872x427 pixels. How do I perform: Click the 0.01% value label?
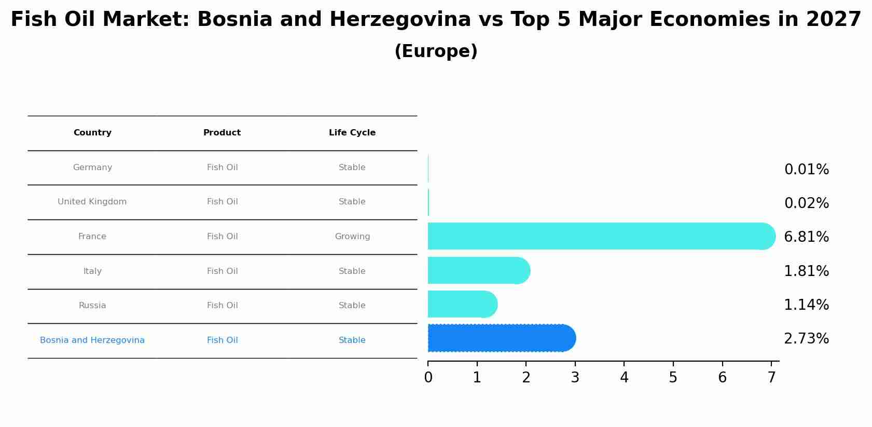(x=806, y=170)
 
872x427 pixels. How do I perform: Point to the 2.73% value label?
(x=806, y=339)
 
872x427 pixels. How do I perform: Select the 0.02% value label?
(x=806, y=203)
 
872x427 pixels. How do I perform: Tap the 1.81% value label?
(x=806, y=271)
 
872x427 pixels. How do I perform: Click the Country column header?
(x=92, y=133)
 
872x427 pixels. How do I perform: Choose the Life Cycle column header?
(x=352, y=133)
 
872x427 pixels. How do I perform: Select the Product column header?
(x=222, y=133)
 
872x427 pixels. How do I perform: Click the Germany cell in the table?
(x=92, y=168)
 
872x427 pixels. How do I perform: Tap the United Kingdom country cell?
(x=92, y=202)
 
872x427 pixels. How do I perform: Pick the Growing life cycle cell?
(x=352, y=237)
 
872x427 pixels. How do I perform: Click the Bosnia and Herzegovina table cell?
(x=92, y=340)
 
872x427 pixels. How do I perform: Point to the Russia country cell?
(x=92, y=306)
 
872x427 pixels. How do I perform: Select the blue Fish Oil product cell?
(x=222, y=340)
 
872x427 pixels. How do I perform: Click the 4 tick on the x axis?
(x=624, y=378)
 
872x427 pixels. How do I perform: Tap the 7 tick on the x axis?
(x=771, y=378)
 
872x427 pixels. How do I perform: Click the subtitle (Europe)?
(x=436, y=51)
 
